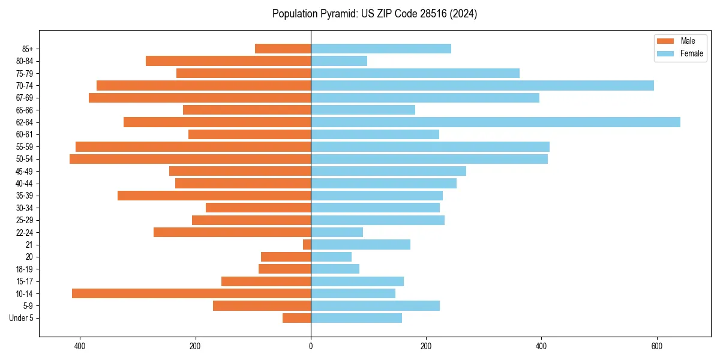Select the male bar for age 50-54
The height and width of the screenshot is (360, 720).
pyautogui.click(x=190, y=159)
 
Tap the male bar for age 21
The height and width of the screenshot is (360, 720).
pyautogui.click(x=307, y=245)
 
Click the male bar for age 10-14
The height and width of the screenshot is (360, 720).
pyautogui.click(x=191, y=293)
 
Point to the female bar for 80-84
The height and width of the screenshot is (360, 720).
pyautogui.click(x=339, y=61)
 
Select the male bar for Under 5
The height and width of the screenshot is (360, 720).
pyautogui.click(x=296, y=318)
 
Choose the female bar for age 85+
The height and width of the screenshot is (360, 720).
pyautogui.click(x=381, y=49)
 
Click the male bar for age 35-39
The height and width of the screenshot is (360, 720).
pyautogui.click(x=214, y=196)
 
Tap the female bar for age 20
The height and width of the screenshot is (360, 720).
pyautogui.click(x=331, y=257)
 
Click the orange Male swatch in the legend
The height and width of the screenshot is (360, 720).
pyautogui.click(x=665, y=41)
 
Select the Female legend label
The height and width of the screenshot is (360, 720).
pyautogui.click(x=691, y=53)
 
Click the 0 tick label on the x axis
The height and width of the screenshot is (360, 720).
pyautogui.click(x=311, y=346)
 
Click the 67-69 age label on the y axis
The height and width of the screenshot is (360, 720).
pyautogui.click(x=25, y=98)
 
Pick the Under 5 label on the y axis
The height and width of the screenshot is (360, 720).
pyautogui.click(x=22, y=318)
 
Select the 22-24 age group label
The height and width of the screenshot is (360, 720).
pyautogui.click(x=25, y=233)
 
